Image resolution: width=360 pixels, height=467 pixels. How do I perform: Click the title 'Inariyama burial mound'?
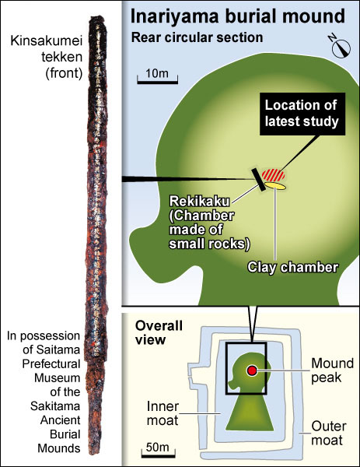pos(238,16)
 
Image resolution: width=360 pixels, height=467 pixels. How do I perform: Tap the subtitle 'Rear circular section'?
pos(197,38)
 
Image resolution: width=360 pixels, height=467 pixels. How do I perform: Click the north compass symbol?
pos(340,47)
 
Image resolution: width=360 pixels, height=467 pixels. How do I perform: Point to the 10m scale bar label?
pos(157,73)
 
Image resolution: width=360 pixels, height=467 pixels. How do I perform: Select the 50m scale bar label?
pos(158,447)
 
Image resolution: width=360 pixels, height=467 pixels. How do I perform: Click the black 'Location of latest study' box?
pos(302,114)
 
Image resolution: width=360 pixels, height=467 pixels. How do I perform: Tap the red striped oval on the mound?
pos(273,175)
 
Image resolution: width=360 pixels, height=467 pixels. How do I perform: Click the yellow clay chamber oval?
pos(275,186)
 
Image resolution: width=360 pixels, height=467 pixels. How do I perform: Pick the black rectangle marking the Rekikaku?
pos(259,180)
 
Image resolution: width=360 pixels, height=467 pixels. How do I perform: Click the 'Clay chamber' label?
pos(293,267)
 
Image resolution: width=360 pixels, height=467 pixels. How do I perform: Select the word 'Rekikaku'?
pos(199,202)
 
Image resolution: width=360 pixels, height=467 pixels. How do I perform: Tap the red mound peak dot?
pos(252,370)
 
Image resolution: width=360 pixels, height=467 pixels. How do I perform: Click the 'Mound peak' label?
pos(332,370)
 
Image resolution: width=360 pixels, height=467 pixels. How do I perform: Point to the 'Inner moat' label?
pos(163,413)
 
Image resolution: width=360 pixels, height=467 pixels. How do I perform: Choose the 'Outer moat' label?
pos(328,434)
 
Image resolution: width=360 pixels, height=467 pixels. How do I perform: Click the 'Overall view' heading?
pos(159,332)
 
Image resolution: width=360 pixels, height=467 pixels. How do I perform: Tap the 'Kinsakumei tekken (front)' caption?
pos(47,57)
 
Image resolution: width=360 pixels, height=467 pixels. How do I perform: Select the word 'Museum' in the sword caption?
pos(57,378)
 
